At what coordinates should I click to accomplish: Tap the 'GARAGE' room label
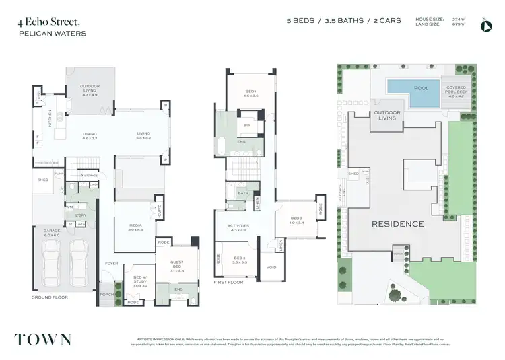coord(53,233)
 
